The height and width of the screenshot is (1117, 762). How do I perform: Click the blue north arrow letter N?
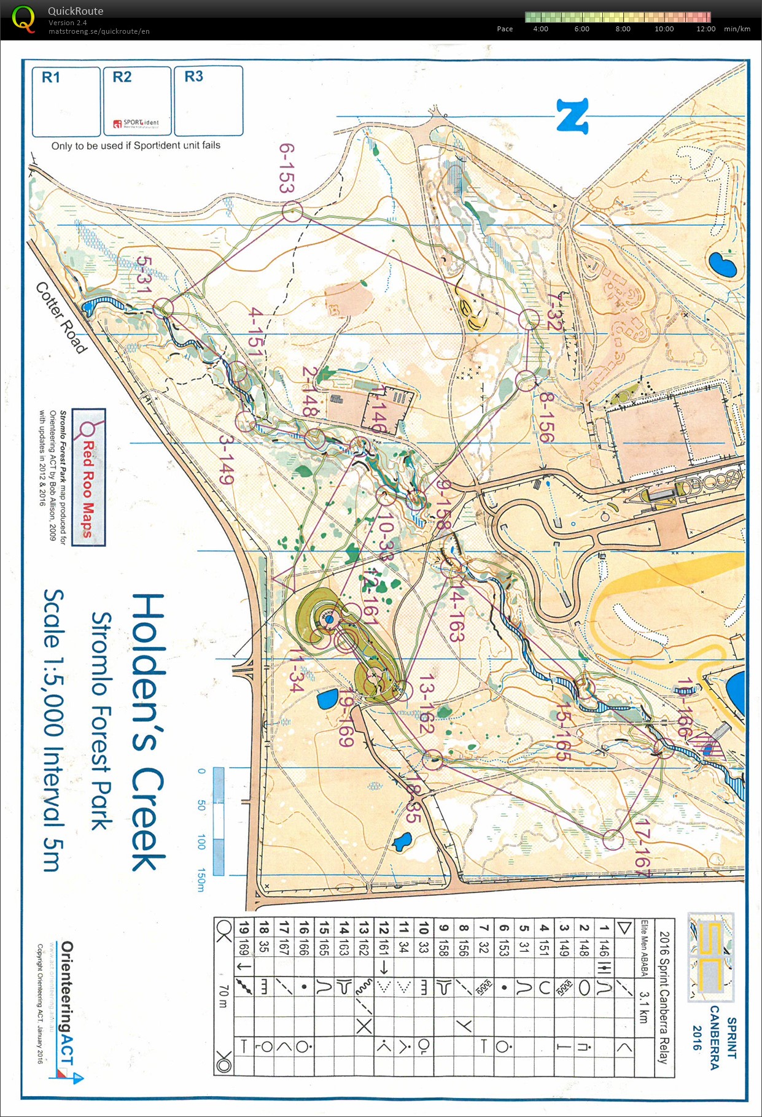click(x=573, y=116)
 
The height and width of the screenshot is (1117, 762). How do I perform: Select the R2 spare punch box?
click(x=137, y=101)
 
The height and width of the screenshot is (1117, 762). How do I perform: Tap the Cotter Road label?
click(x=61, y=317)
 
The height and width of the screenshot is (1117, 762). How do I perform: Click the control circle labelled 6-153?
click(x=292, y=212)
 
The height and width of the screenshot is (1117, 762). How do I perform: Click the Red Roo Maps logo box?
click(x=88, y=477)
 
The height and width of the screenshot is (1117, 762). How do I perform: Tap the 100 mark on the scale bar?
click(x=201, y=842)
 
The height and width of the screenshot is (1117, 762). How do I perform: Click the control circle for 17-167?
click(x=612, y=839)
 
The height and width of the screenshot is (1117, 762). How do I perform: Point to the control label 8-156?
click(x=546, y=417)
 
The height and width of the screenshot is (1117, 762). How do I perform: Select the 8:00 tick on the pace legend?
click(x=623, y=29)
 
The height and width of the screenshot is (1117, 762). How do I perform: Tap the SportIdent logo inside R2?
click(x=136, y=123)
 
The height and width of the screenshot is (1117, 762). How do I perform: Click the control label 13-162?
click(x=426, y=706)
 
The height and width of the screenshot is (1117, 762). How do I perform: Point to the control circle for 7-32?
click(x=529, y=319)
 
